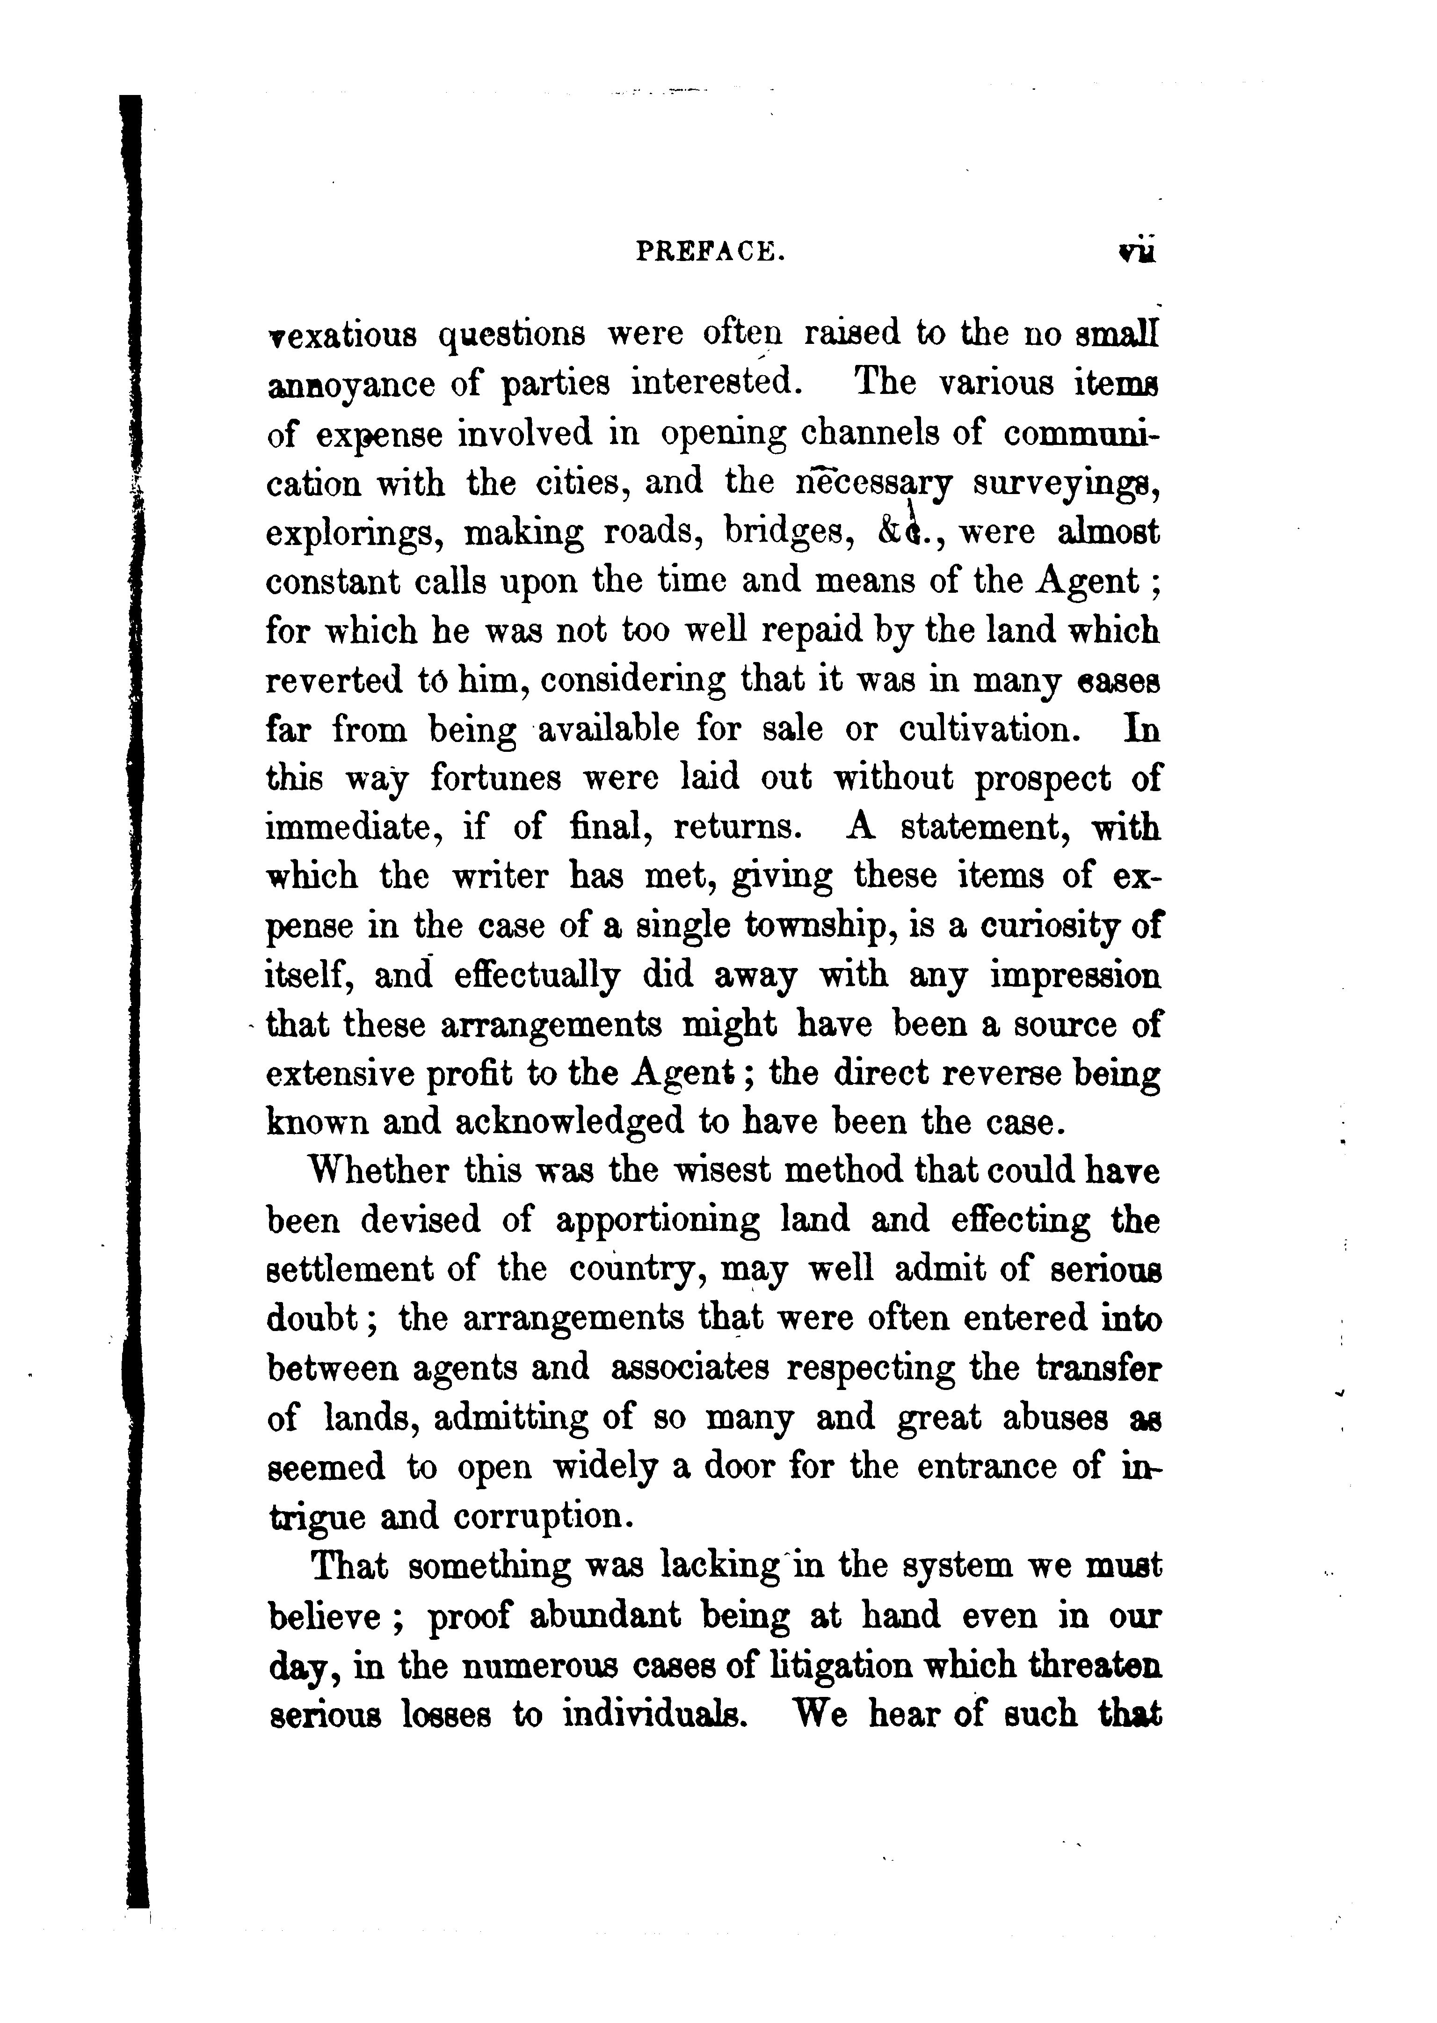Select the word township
tap(813, 926)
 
